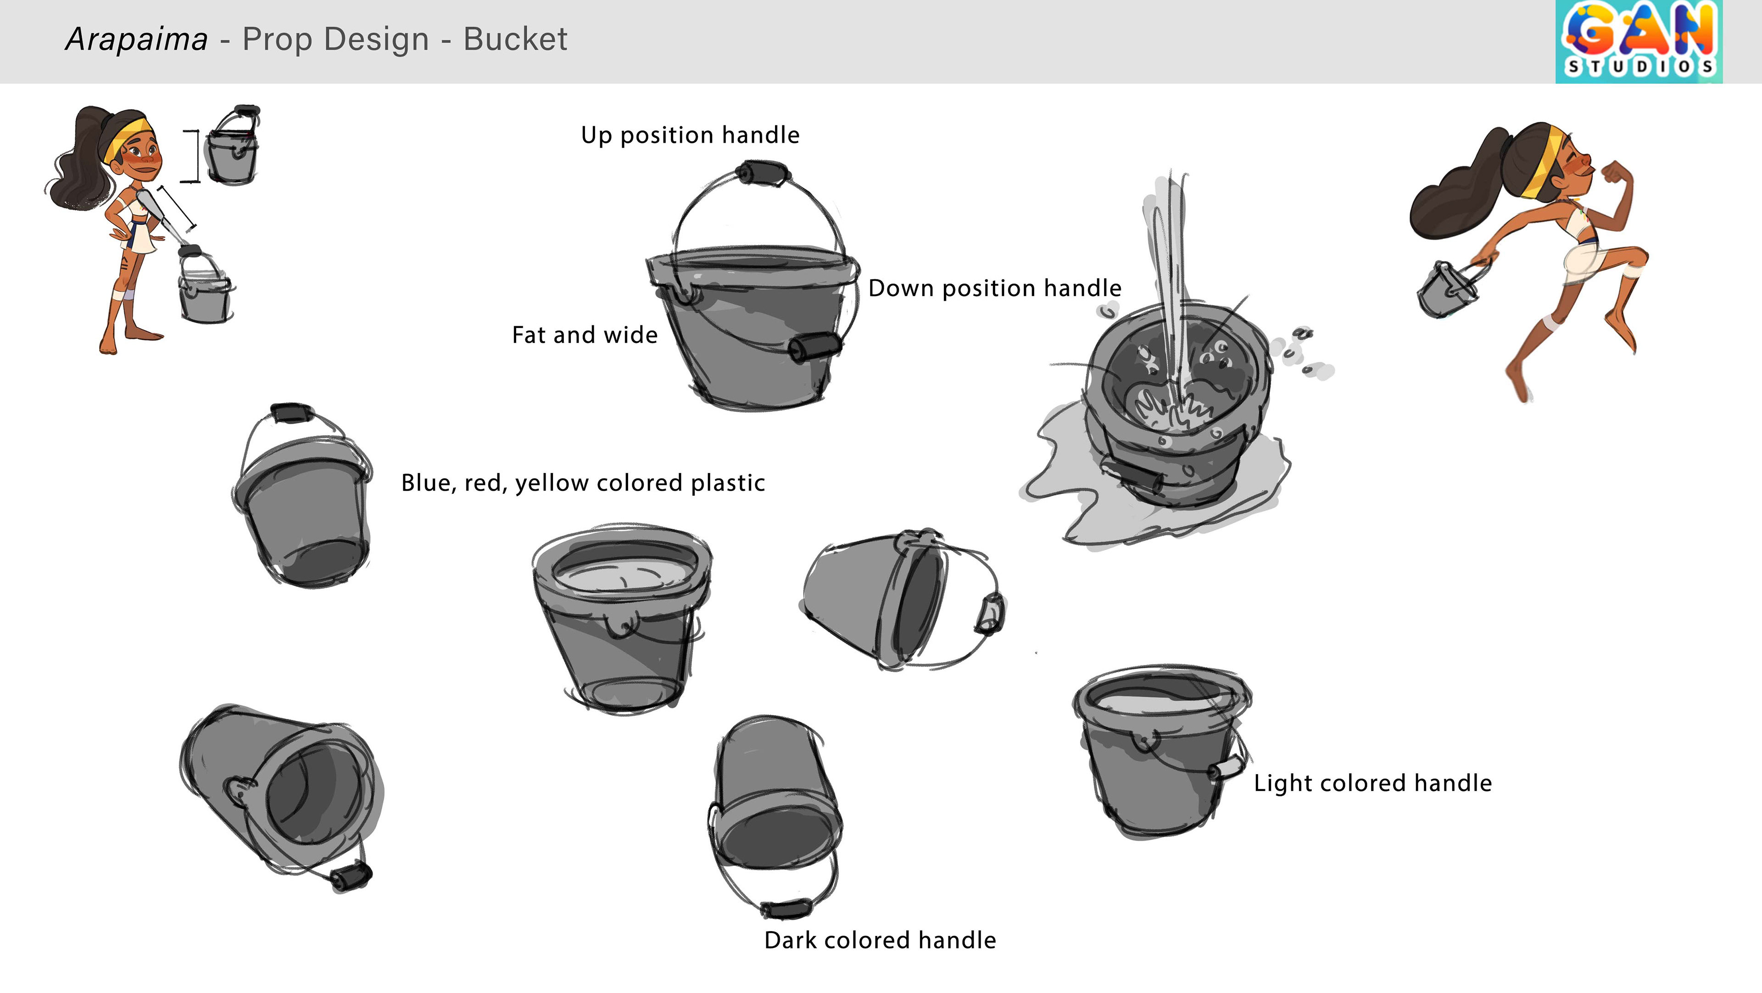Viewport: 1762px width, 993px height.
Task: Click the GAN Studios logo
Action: [x=1638, y=41]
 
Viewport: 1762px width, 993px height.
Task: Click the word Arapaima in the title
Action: [x=137, y=39]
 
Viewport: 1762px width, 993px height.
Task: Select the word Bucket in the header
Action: [x=515, y=39]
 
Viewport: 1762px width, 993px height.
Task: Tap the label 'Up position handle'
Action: [x=690, y=135]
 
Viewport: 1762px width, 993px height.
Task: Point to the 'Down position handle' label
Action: [x=994, y=289]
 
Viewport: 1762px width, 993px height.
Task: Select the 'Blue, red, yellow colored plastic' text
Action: [x=583, y=483]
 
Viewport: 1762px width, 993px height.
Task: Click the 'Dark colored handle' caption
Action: [x=880, y=940]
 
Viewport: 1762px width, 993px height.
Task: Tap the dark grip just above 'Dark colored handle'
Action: [x=786, y=909]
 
